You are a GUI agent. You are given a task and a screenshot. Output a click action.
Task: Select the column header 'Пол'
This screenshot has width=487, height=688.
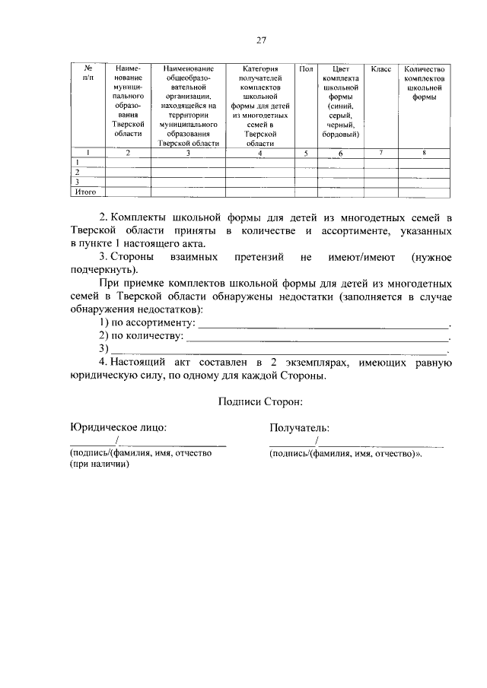[x=305, y=69]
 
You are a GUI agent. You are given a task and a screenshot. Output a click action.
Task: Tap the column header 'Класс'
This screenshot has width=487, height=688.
[x=380, y=69]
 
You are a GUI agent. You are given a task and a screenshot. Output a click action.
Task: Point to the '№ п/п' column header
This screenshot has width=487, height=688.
[x=87, y=73]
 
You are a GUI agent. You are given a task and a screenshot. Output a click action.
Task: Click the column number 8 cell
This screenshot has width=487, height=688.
[x=424, y=154]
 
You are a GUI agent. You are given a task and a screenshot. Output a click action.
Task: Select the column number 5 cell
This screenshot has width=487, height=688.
[x=305, y=154]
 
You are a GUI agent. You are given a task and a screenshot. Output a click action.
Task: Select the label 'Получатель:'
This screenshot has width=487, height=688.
[x=299, y=428]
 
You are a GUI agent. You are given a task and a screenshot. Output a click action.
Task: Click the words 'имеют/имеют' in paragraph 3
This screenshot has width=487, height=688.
[x=359, y=258]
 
